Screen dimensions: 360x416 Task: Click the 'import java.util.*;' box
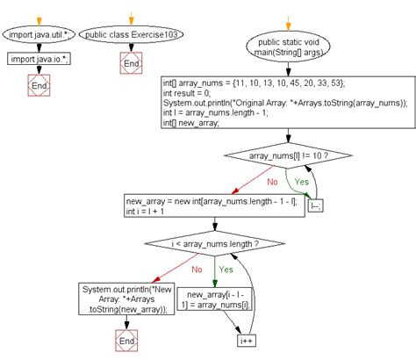tap(39, 36)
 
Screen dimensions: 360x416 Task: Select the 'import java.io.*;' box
tap(39, 59)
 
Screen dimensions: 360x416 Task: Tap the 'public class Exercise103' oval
tap(131, 36)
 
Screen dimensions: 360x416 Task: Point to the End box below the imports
tap(39, 86)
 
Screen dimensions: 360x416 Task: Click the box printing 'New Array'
tap(128, 298)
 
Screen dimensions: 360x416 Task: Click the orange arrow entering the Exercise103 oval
tap(131, 16)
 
